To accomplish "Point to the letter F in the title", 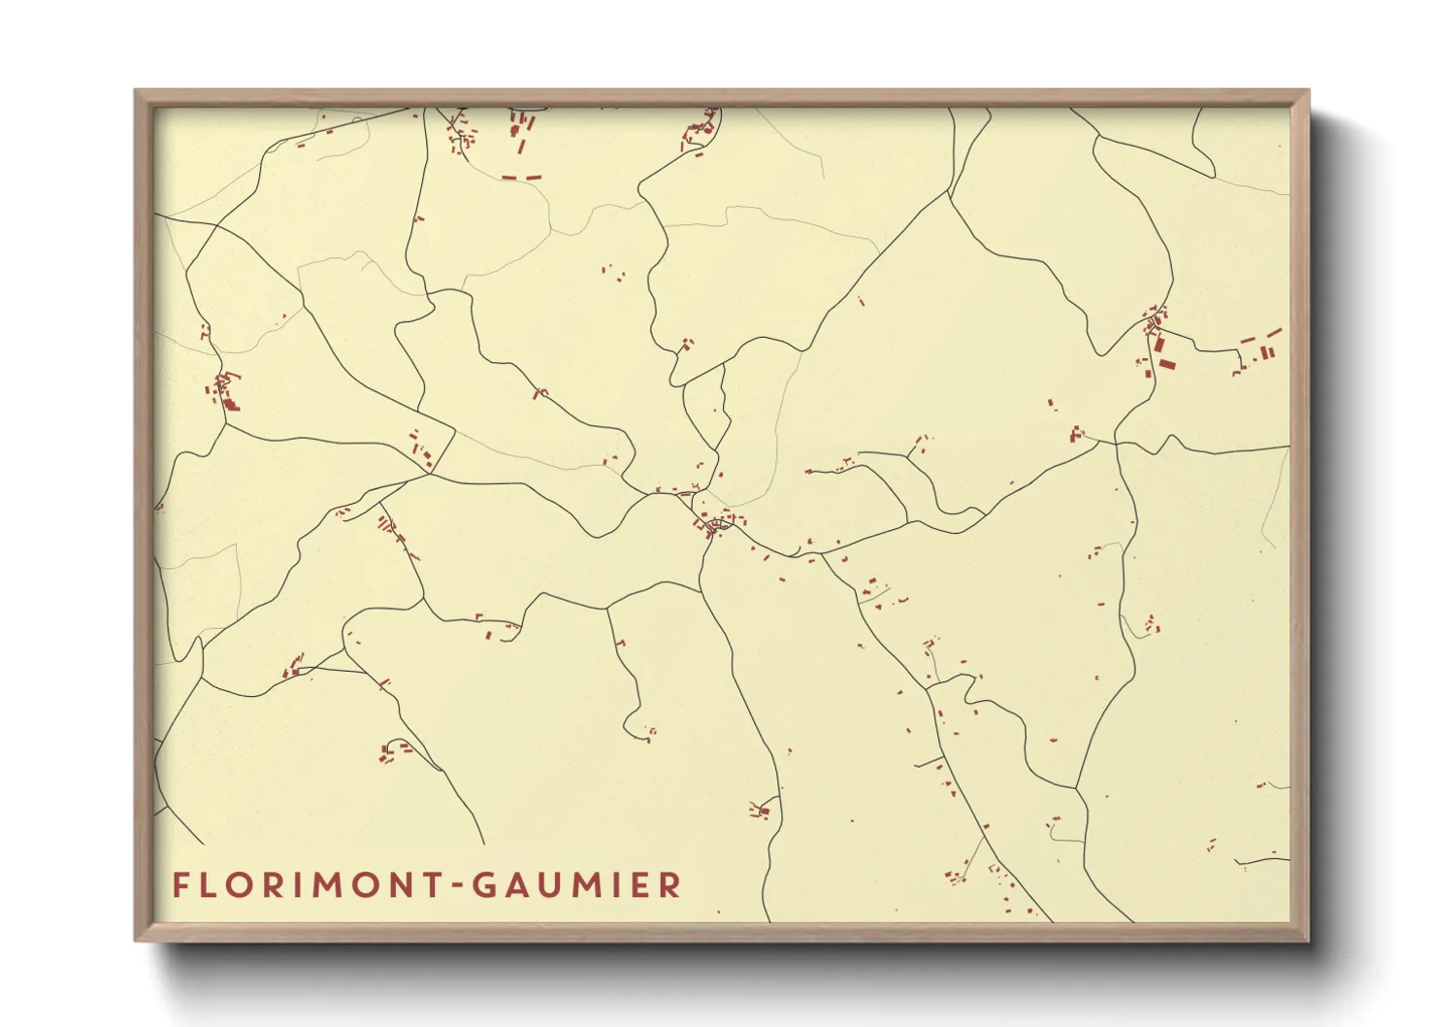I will point(179,885).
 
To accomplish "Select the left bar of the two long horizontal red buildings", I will point(509,178).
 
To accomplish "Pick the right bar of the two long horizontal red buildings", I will point(534,178).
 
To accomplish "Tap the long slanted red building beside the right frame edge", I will point(1274,333).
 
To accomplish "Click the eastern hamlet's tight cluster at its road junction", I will point(1155,320).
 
